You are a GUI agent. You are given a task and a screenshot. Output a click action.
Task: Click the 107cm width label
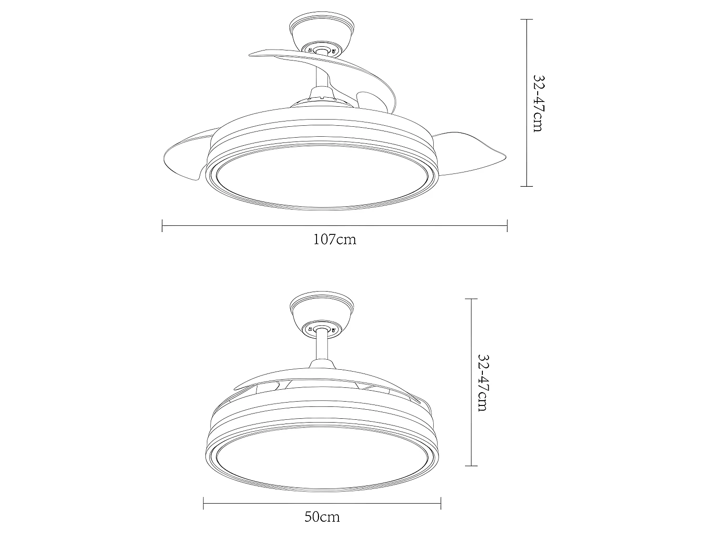tap(335, 239)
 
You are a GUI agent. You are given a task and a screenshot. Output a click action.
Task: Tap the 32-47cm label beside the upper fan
tap(538, 103)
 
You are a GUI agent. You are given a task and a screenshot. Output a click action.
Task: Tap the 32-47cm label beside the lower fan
tap(482, 383)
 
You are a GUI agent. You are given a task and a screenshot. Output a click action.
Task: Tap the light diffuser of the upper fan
tap(322, 179)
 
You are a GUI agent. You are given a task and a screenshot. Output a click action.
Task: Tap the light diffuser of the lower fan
tap(322, 457)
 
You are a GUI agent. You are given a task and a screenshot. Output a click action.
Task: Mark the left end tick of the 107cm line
tap(163, 225)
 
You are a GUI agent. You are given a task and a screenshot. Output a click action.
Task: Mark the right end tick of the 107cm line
tap(507, 225)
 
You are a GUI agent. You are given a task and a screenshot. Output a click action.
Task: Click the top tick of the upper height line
tap(526, 20)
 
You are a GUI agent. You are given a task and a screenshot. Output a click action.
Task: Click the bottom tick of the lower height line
tap(471, 465)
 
